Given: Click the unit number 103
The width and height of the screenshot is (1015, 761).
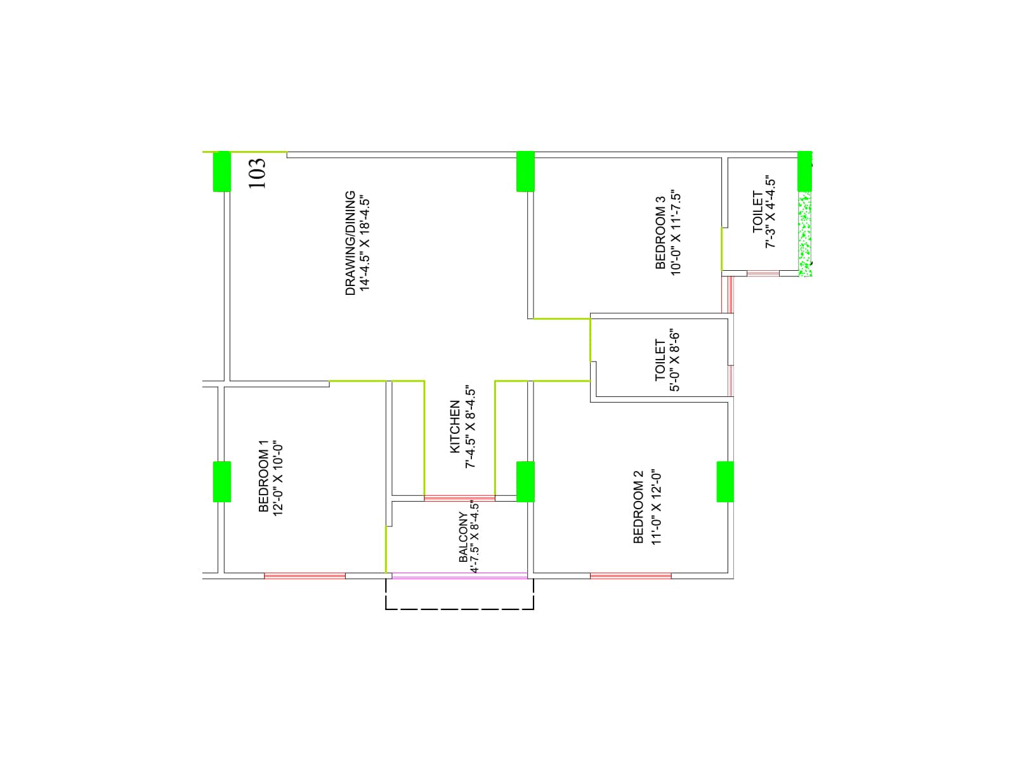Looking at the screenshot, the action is [257, 173].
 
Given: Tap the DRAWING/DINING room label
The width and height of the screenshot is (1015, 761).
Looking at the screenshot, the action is [350, 243].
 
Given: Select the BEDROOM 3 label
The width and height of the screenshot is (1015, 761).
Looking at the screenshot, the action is [660, 232].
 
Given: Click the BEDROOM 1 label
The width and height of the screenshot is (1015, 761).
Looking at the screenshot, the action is [263, 476].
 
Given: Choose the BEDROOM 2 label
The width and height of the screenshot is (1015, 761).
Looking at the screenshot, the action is [638, 507].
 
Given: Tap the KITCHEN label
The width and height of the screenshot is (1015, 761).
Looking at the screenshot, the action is [455, 426].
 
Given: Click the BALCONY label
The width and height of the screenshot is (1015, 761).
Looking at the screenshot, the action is [462, 537].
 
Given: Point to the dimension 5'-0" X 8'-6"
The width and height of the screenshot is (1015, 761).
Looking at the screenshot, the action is [675, 361].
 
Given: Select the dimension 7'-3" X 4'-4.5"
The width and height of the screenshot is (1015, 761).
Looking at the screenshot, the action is [770, 212].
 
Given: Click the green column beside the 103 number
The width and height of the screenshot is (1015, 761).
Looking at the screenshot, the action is [221, 171].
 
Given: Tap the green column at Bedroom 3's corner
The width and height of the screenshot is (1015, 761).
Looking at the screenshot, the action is [525, 171].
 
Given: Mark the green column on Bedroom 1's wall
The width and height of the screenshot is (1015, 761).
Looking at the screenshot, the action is [221, 481].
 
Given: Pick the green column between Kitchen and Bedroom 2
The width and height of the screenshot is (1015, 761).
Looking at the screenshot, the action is [525, 481].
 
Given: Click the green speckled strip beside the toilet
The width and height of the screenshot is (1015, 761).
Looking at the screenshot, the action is [805, 234].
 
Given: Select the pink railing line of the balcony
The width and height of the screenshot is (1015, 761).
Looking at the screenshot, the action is [460, 576].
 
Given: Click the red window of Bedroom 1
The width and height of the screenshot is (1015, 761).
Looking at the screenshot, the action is [304, 576].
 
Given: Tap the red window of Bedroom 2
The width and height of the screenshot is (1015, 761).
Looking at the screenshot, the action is [631, 576].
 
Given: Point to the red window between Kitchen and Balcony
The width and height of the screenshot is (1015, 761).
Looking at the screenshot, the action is [460, 498].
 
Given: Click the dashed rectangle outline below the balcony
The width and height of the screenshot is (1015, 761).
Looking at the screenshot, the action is [460, 609].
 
